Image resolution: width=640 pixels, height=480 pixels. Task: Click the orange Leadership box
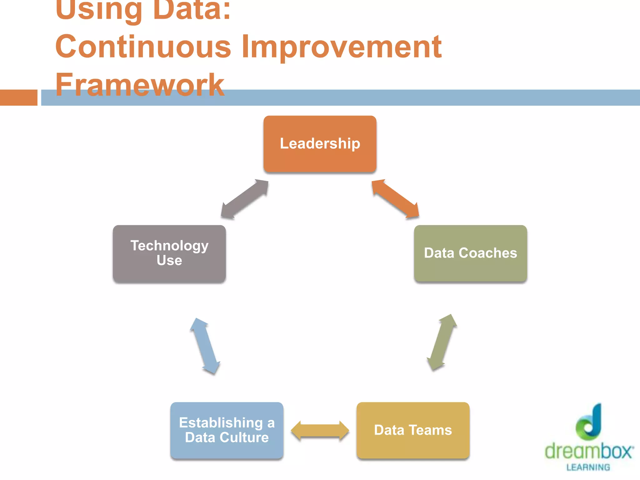coord(320,144)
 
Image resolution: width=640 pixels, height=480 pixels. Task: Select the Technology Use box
coord(169,253)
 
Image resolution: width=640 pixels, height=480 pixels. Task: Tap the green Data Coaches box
coord(470,253)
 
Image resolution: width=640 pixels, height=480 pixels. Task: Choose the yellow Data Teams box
coord(413,430)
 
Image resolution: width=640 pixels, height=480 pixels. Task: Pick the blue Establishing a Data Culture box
coord(227,430)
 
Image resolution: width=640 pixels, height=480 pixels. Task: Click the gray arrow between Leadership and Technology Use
coord(244,199)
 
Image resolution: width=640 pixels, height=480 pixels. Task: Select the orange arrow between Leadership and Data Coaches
coord(395,198)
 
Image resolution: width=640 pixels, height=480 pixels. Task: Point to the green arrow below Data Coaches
coord(442,342)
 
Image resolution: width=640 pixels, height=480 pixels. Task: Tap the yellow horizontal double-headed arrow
coord(320,430)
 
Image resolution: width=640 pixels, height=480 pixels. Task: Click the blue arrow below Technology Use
coord(205,346)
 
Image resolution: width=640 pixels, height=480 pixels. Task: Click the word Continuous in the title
coord(143,47)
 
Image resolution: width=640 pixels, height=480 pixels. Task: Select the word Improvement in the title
coord(341,47)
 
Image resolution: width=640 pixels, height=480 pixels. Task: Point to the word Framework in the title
coord(140,84)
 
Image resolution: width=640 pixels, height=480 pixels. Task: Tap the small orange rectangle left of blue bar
coord(18,97)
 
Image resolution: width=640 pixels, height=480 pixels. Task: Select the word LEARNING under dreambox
coord(588,467)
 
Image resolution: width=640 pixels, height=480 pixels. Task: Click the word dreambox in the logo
coord(589,451)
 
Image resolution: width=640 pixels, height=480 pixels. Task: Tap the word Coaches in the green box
coord(487,253)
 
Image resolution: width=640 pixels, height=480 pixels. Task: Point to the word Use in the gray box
coord(169,260)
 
